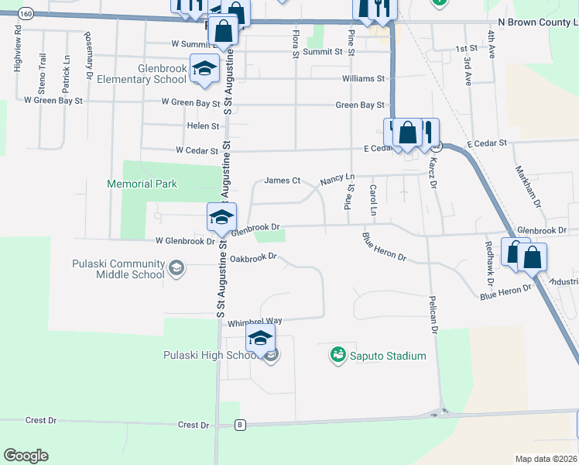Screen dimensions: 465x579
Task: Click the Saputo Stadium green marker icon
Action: coord(337,355)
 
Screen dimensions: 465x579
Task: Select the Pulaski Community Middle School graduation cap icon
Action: coord(176,269)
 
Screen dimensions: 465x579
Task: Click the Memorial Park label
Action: coord(142,184)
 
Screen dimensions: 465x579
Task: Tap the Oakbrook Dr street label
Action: coord(253,257)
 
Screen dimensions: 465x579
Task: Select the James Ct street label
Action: coord(282,181)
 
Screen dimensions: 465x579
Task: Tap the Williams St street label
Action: coord(363,79)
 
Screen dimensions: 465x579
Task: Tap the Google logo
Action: coord(26,456)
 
